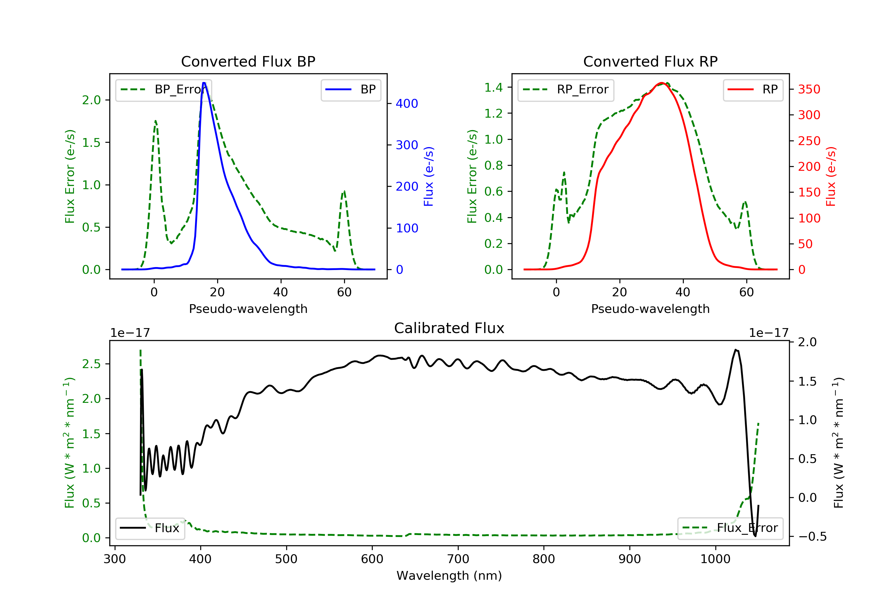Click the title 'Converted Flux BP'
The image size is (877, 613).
tap(248, 61)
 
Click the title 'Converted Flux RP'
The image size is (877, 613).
tap(650, 61)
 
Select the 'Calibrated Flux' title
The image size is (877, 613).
tap(449, 328)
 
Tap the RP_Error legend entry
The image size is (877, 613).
tap(566, 90)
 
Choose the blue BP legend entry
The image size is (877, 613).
tap(351, 90)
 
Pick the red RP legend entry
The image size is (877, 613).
tap(753, 90)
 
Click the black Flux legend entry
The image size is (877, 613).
tap(149, 528)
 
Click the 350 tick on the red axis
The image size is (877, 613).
tap(809, 89)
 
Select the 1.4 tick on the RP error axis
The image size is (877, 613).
tap(493, 87)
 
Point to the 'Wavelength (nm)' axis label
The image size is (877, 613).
tap(449, 576)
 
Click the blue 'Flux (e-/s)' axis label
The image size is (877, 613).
tap(429, 176)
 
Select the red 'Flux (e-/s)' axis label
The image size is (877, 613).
tap(831, 176)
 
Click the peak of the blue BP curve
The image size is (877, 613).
tap(204, 83)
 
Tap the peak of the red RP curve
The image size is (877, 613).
tap(662, 83)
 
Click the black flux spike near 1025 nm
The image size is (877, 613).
tap(736, 350)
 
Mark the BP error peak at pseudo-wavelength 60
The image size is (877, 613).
tap(344, 191)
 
